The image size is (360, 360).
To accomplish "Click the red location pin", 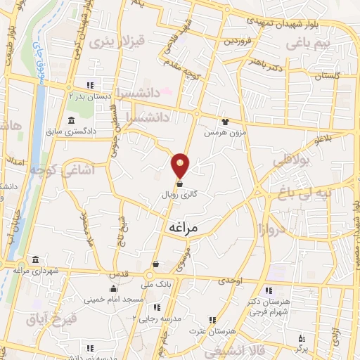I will coord(181,165).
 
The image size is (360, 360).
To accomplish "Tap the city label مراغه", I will coord(185,228).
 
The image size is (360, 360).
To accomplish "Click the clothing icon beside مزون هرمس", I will coord(225,122).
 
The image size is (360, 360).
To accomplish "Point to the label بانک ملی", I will coord(157,285).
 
